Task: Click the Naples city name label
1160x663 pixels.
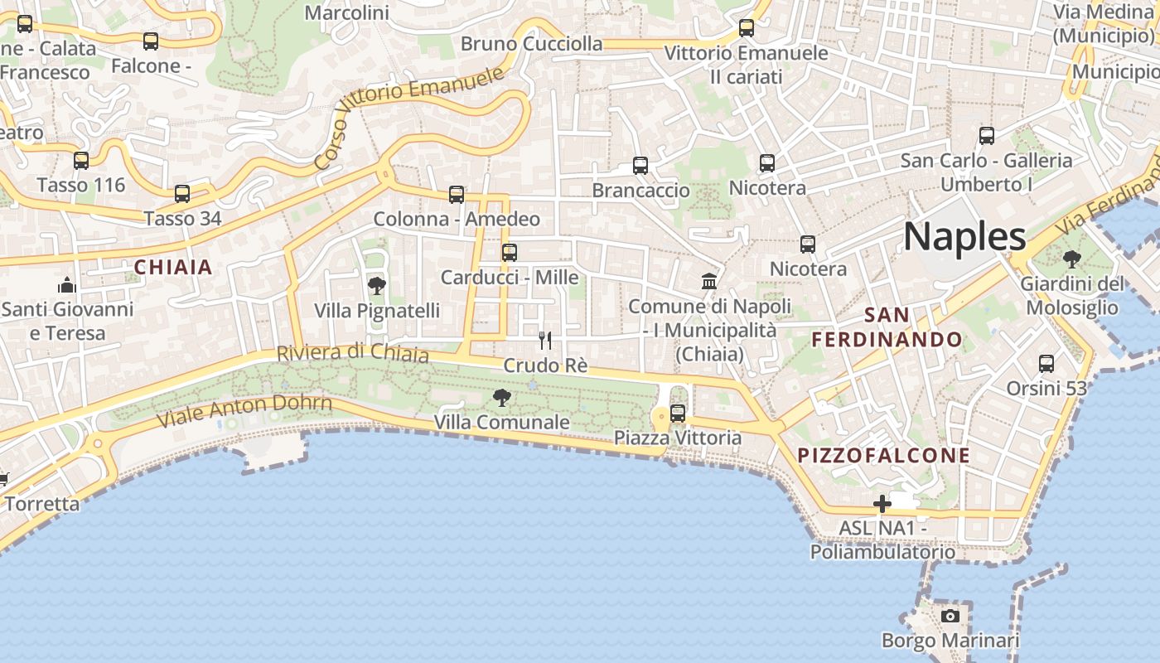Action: click(x=964, y=237)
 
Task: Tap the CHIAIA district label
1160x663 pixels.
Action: click(x=173, y=268)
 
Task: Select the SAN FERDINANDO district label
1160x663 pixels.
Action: click(x=887, y=327)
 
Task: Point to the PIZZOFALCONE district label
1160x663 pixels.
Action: click(x=883, y=455)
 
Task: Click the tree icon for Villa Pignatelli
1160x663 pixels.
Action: click(x=377, y=286)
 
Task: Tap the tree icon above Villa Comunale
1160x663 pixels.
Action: click(x=501, y=398)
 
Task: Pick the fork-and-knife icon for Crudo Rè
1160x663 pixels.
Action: click(x=545, y=340)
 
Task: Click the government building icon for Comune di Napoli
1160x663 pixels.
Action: click(x=709, y=281)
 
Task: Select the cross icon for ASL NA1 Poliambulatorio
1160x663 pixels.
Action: click(x=882, y=503)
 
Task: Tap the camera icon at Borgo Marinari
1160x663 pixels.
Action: click(x=950, y=616)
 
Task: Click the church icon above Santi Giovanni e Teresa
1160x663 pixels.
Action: click(x=67, y=285)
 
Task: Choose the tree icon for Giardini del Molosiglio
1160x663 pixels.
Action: click(x=1071, y=259)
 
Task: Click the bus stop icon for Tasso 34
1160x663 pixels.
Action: click(x=182, y=194)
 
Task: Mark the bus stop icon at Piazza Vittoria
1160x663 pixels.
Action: click(x=678, y=413)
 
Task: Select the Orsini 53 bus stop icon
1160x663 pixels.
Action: click(x=1046, y=363)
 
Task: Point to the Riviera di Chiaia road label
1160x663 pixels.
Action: click(x=352, y=353)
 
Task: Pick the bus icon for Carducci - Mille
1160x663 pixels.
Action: click(x=510, y=252)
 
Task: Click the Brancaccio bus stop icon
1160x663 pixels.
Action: click(x=640, y=165)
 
